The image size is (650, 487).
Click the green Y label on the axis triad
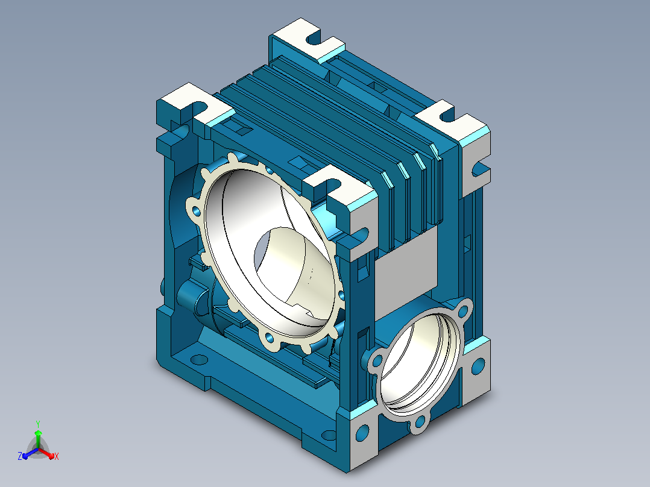[38, 424]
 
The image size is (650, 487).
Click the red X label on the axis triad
[57, 456]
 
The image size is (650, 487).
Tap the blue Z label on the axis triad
[20, 456]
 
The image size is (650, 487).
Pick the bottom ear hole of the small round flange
[420, 423]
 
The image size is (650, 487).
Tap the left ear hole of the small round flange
[377, 360]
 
